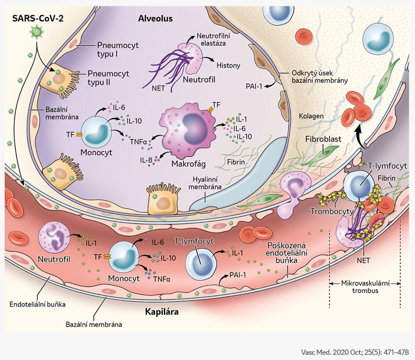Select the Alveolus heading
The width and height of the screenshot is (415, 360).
(155, 18)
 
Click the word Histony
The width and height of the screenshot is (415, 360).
(228, 66)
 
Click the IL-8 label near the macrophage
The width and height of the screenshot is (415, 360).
(144, 158)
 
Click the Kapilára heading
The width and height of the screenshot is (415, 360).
(161, 312)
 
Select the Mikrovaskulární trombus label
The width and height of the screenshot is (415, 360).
(365, 286)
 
